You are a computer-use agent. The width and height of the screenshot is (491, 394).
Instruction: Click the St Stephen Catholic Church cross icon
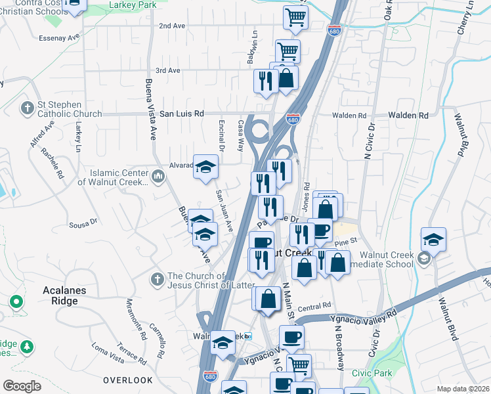point(28,107)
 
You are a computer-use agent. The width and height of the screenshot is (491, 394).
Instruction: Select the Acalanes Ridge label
point(51,295)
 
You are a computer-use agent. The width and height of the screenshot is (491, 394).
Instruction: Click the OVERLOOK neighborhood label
point(127,380)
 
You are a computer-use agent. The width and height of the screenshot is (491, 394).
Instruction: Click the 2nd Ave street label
point(173,26)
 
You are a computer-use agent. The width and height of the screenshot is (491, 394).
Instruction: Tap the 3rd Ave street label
point(167,70)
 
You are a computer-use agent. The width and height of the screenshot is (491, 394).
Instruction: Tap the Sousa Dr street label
point(83,223)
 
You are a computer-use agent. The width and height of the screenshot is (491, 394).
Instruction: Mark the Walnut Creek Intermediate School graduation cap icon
point(433,240)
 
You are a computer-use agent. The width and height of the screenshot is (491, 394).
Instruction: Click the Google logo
point(22,386)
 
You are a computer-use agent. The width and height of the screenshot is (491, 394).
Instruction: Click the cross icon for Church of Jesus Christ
point(157,280)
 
